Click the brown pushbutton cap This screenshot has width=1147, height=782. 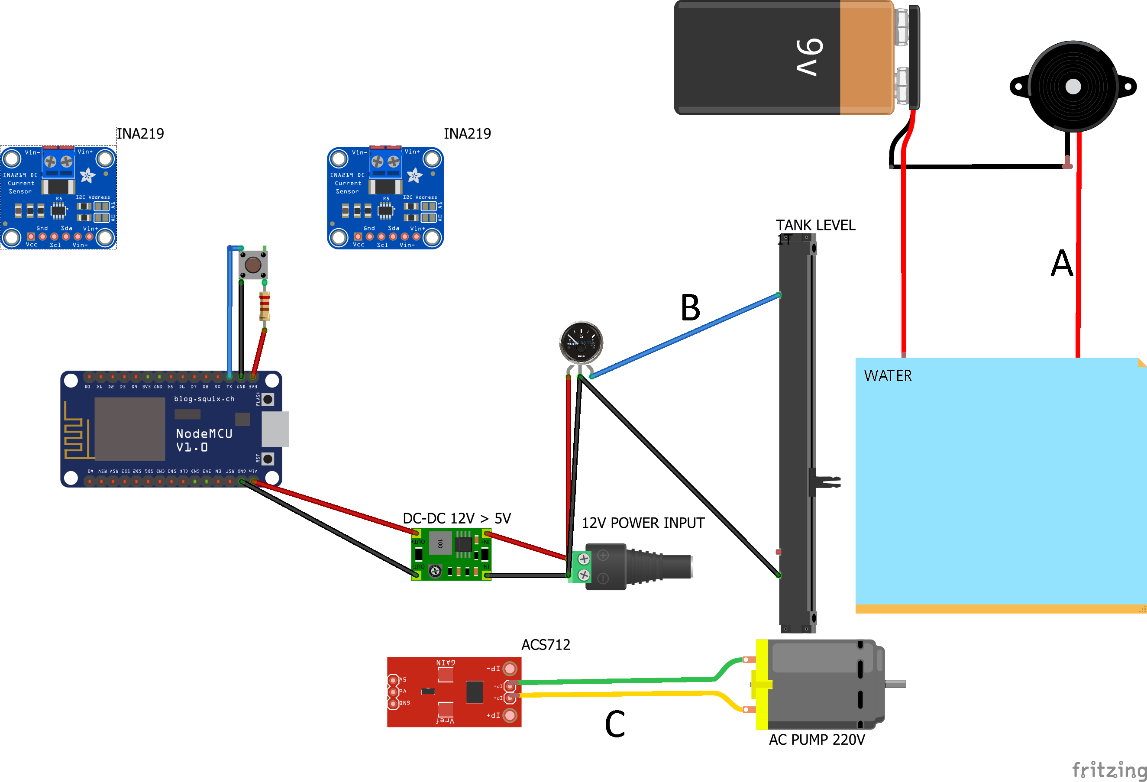(x=253, y=265)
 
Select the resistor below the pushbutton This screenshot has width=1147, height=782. (x=265, y=306)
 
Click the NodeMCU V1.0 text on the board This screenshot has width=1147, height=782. (x=204, y=440)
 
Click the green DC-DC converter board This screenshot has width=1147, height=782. (x=451, y=554)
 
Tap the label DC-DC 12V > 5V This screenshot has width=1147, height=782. (x=456, y=518)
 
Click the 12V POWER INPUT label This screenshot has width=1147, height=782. (x=643, y=523)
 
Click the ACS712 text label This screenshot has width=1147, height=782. (x=546, y=645)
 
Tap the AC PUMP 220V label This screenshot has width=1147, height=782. (x=816, y=740)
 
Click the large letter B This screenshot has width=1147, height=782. (x=690, y=307)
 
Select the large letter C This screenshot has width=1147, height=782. (x=614, y=724)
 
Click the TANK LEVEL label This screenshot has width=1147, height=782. (x=815, y=225)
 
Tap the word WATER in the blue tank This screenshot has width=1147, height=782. (x=887, y=376)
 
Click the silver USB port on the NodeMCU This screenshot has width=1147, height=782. (x=275, y=429)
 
